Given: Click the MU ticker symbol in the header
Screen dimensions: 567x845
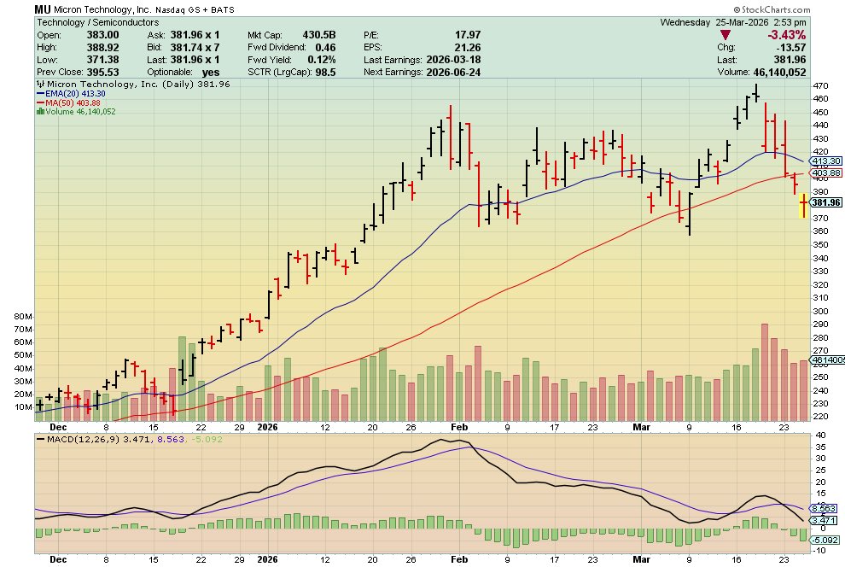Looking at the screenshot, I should [x=44, y=9].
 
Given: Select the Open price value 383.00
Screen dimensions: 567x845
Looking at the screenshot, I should [x=103, y=34].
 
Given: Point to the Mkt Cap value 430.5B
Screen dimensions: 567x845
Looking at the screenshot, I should [x=318, y=34].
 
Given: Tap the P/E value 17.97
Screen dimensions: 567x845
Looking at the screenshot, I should [x=456, y=34].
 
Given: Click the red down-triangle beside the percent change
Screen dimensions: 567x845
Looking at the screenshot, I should [x=726, y=34].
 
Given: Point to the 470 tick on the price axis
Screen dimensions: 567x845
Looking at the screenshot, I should [x=819, y=86].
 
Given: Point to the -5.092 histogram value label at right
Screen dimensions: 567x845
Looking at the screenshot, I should [x=825, y=540].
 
